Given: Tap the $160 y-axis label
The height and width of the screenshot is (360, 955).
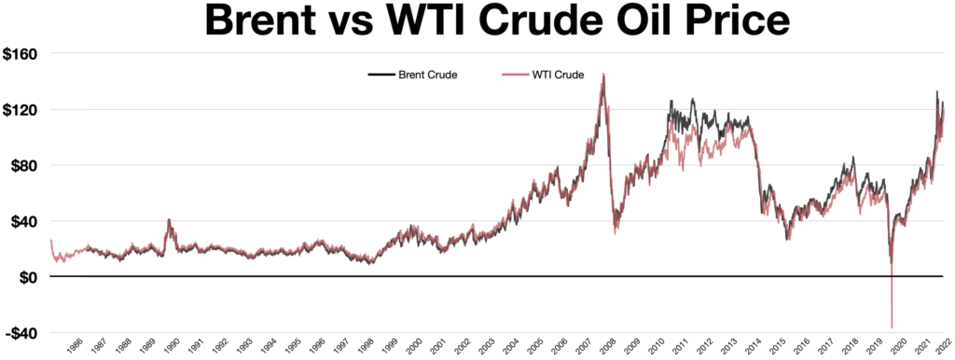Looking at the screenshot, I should point(21,54).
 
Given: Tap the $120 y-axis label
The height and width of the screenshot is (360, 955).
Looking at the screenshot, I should point(21,110).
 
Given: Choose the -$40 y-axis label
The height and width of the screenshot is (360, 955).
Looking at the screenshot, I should point(21,334).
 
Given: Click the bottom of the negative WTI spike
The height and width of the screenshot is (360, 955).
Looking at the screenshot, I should point(893,327).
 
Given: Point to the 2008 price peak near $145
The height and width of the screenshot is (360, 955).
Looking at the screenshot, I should point(603,75).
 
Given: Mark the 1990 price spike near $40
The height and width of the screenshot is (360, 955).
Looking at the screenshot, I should point(169,220).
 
